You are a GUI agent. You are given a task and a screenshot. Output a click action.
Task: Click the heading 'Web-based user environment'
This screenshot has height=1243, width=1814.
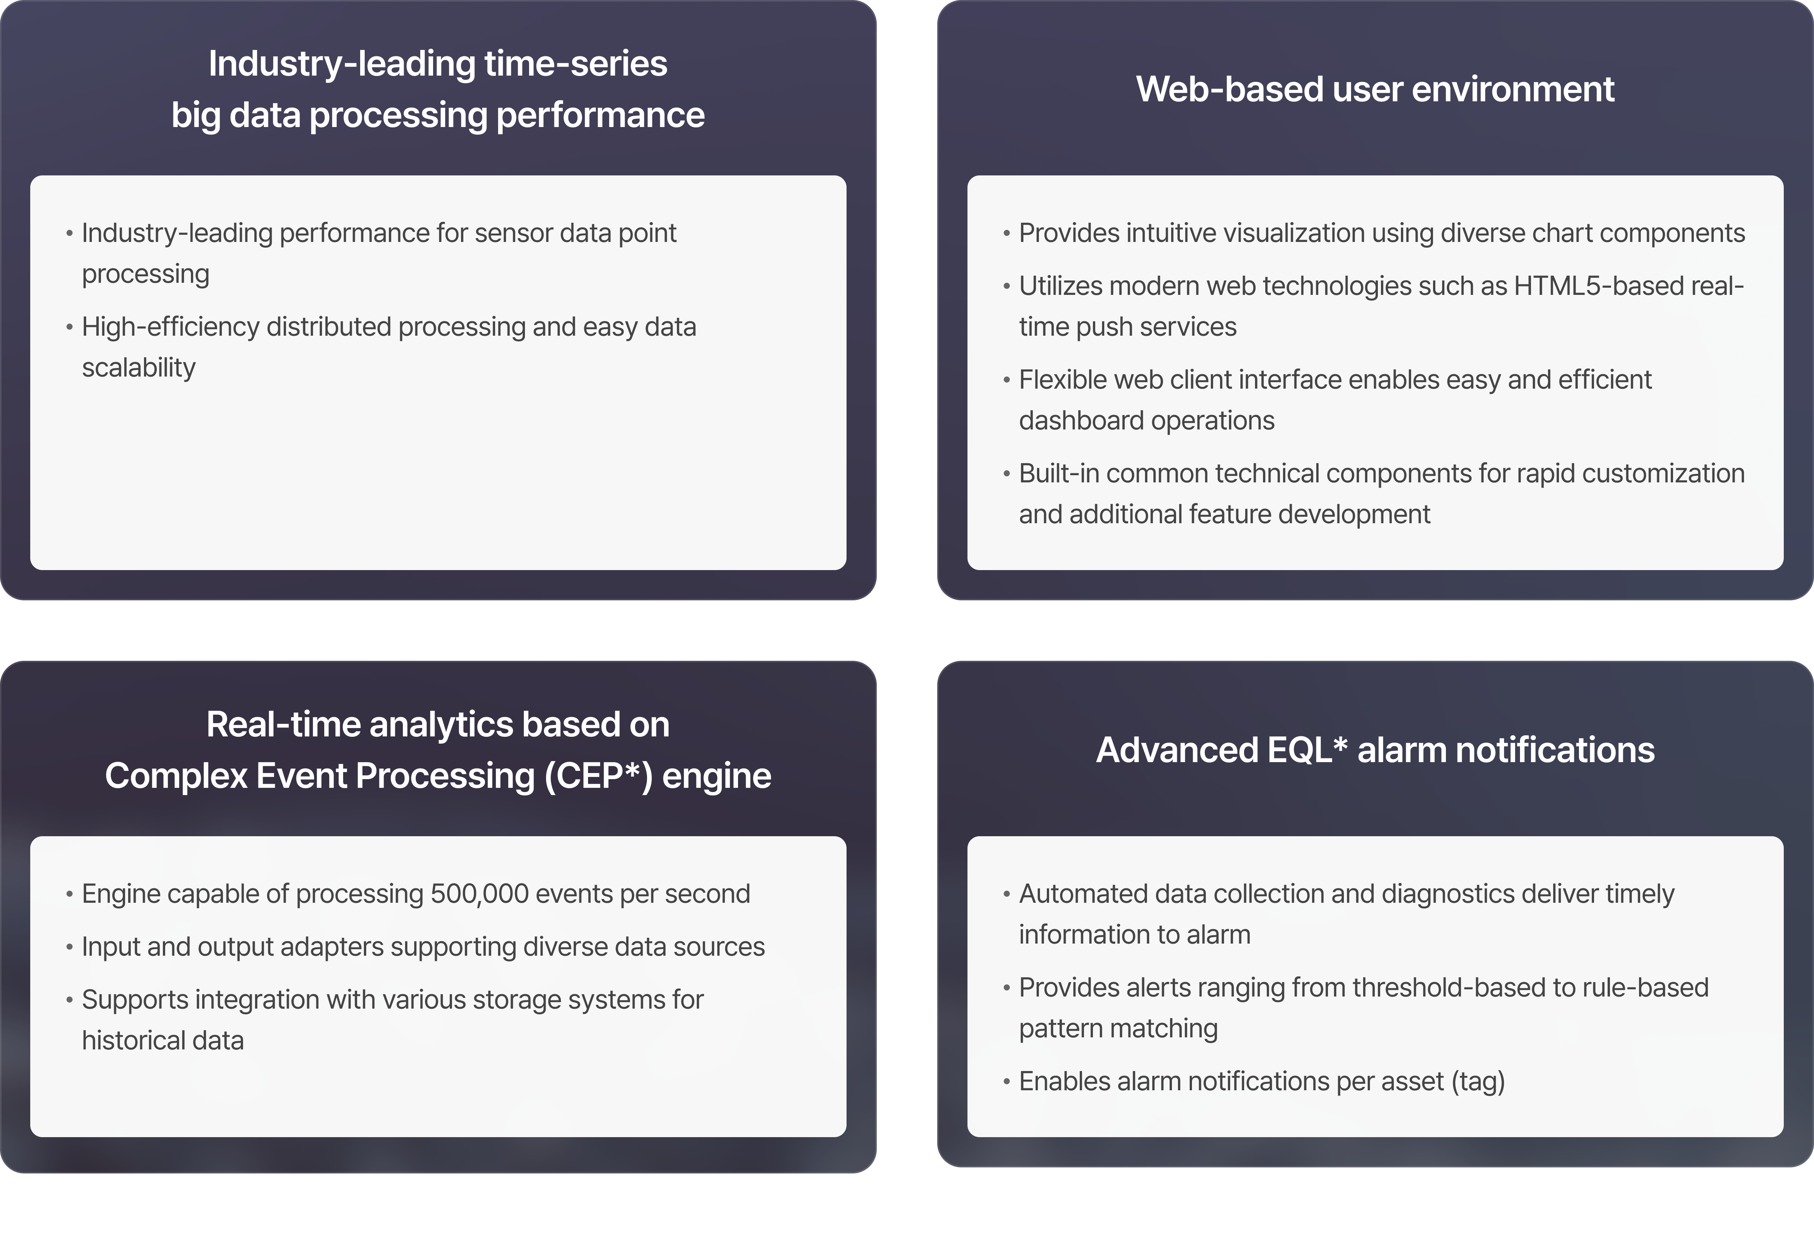click(x=1374, y=89)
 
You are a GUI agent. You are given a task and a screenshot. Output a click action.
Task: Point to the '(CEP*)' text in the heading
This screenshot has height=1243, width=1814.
click(x=598, y=776)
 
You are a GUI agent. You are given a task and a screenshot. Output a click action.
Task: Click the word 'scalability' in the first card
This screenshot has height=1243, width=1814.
click(x=139, y=368)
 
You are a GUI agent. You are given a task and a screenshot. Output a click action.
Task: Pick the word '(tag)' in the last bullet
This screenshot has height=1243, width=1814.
click(x=1478, y=1081)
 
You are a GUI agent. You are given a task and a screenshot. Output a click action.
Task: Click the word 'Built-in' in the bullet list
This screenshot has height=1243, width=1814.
click(x=1059, y=473)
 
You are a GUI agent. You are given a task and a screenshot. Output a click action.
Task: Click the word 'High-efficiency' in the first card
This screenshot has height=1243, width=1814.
click(x=170, y=327)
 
